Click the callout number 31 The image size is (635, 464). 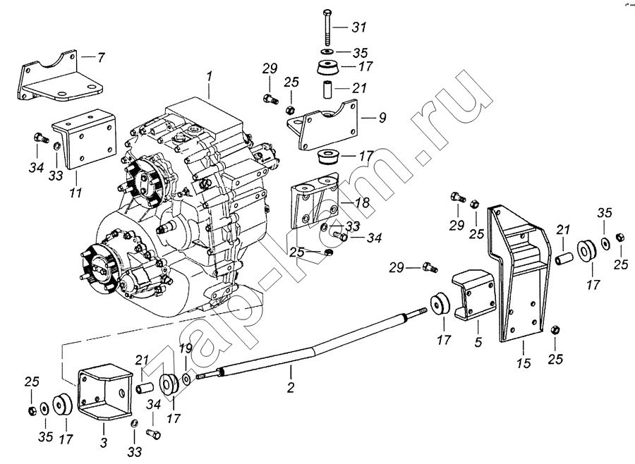tap(359, 27)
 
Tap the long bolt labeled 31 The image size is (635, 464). tap(327, 27)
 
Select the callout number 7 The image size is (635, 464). tap(100, 57)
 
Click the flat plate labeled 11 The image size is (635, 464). tap(85, 139)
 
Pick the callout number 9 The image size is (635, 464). tap(382, 118)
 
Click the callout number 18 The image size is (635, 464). tap(363, 202)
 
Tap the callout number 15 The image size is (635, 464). tap(524, 362)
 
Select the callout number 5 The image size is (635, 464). tap(478, 342)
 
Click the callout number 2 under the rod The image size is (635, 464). tap(291, 387)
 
